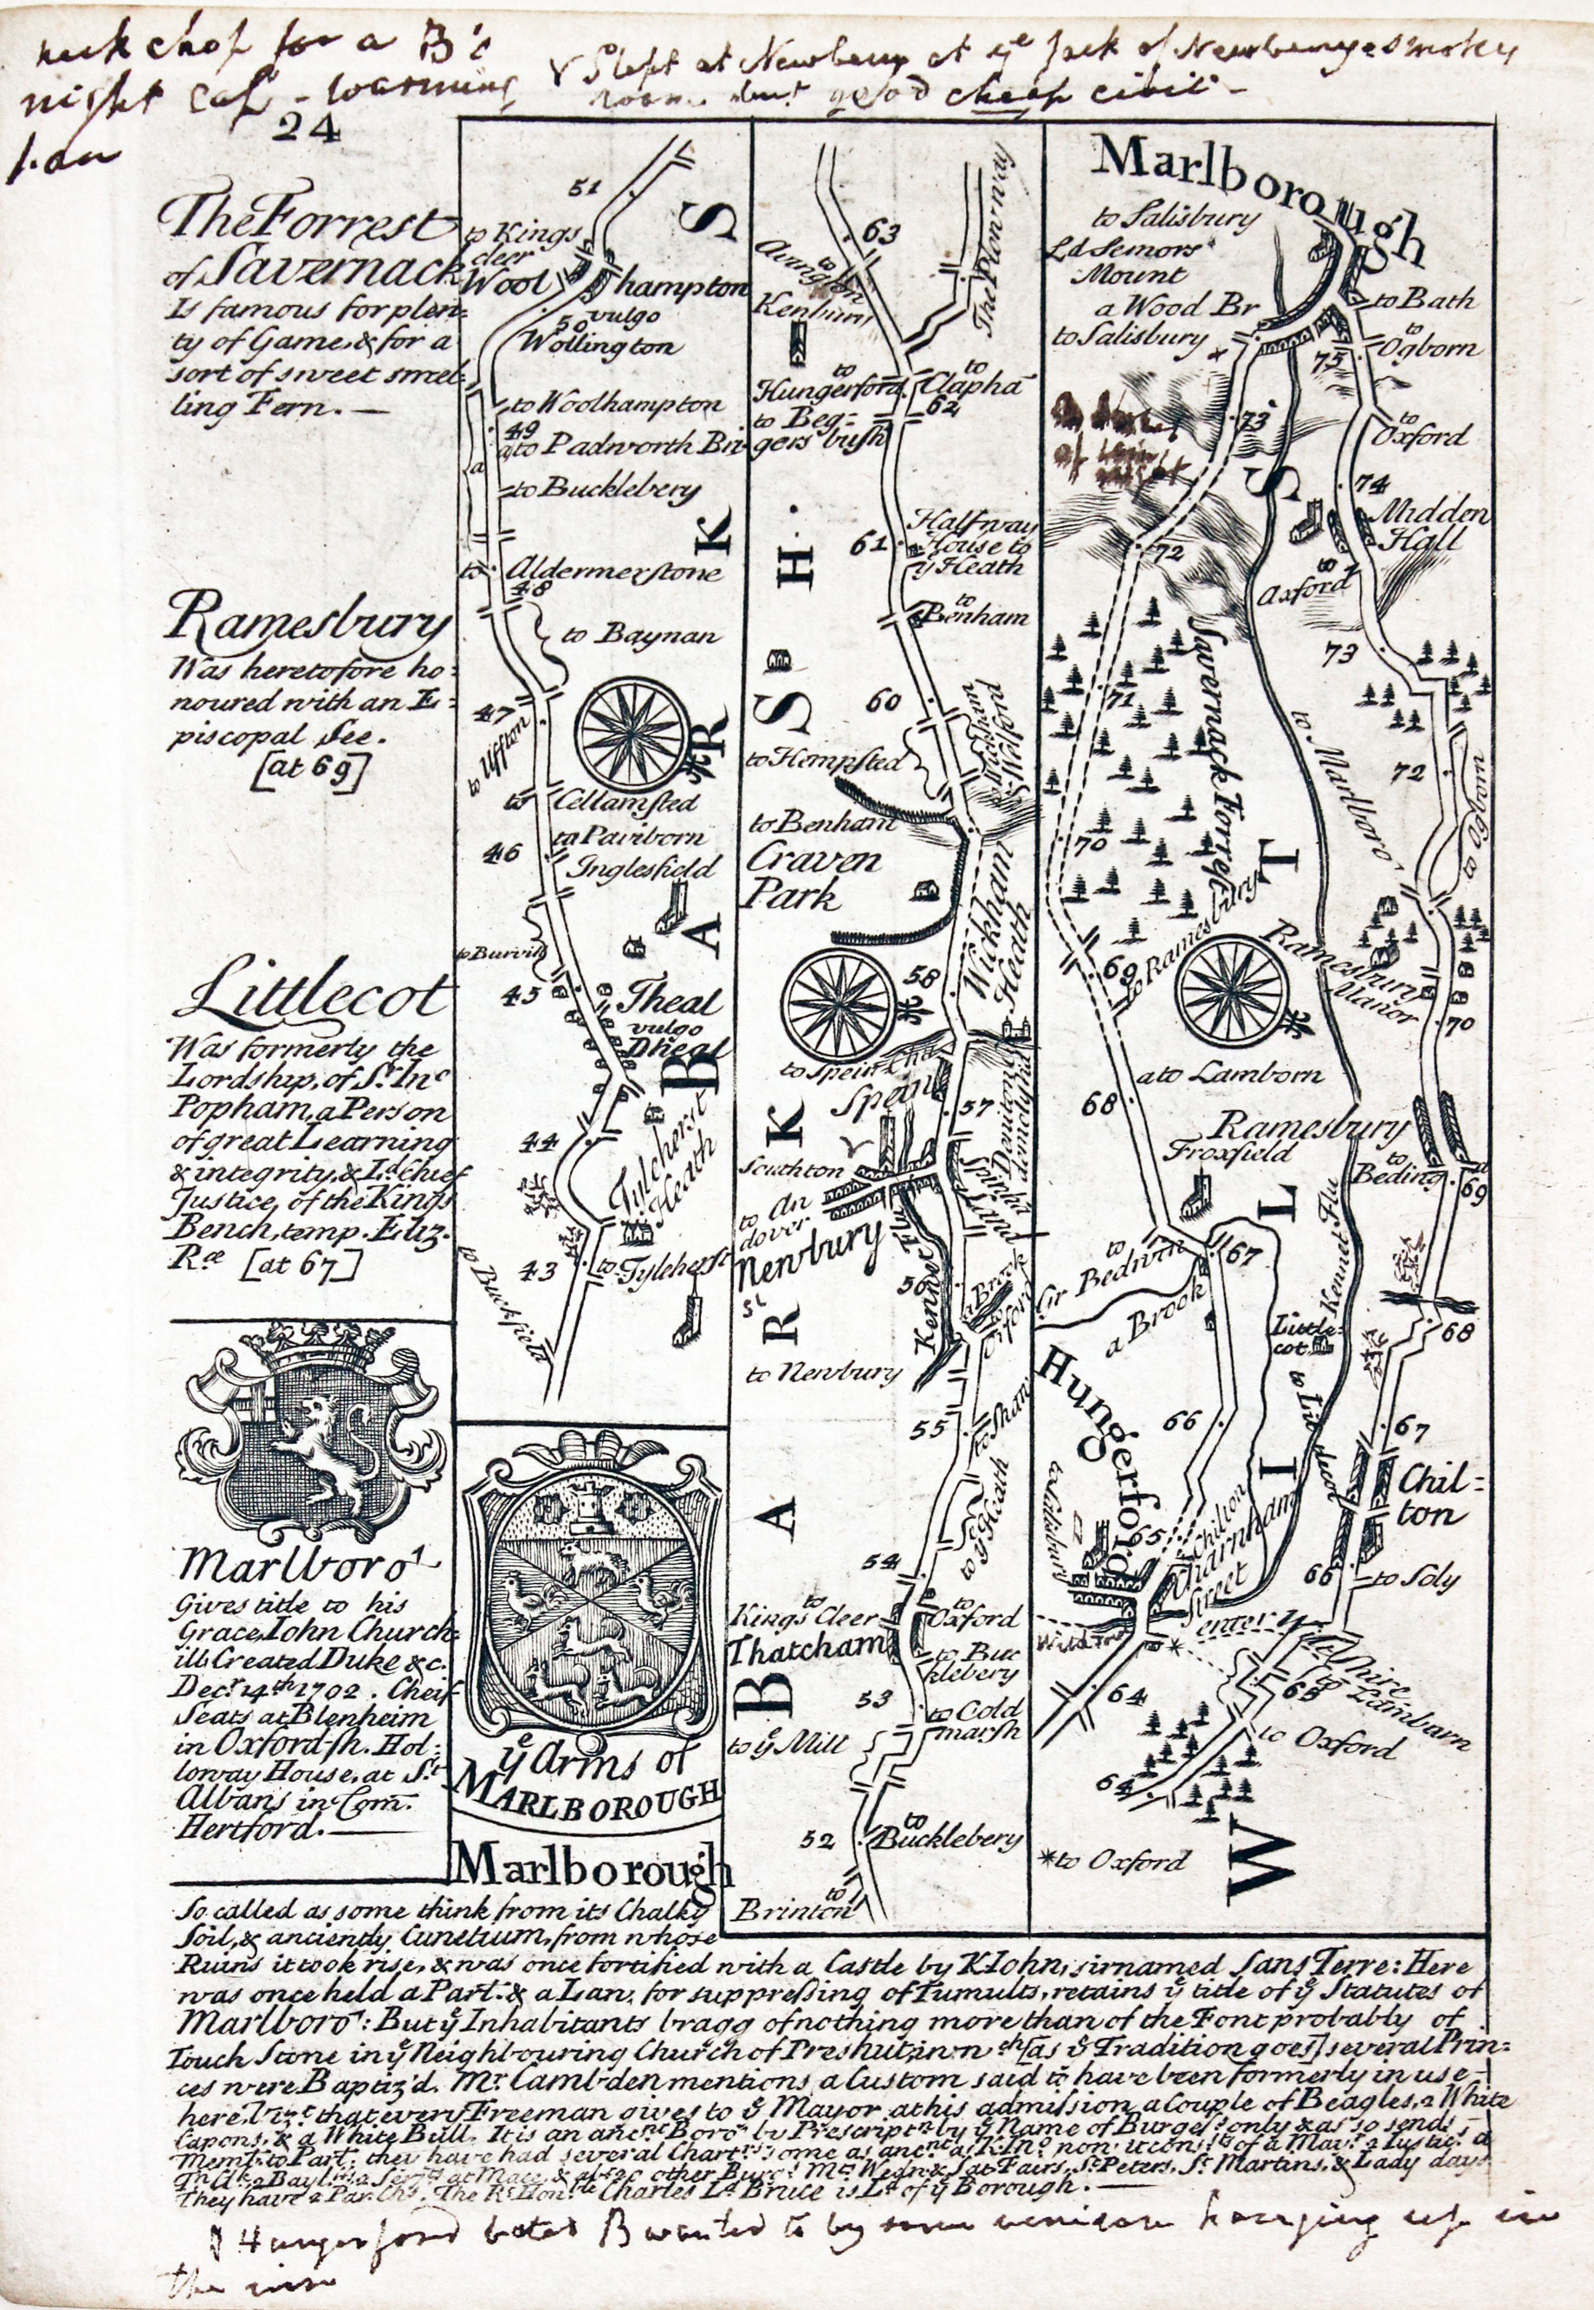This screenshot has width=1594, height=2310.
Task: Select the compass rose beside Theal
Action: coord(635,731)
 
